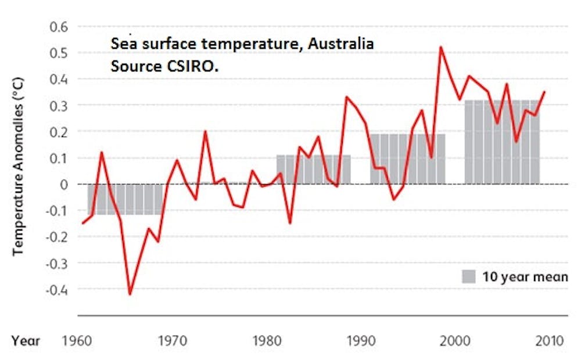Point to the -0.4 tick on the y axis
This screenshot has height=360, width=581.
(x=58, y=289)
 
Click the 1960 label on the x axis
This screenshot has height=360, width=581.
(x=78, y=340)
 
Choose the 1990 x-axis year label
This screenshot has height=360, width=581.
(x=361, y=340)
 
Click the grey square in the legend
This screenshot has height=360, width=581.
(x=469, y=276)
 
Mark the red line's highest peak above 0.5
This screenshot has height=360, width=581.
(x=441, y=46)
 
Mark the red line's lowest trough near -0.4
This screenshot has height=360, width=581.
(x=130, y=294)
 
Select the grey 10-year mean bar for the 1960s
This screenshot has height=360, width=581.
(x=125, y=199)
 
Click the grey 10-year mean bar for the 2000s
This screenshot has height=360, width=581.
(x=502, y=142)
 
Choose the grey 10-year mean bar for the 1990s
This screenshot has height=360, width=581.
(x=408, y=159)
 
